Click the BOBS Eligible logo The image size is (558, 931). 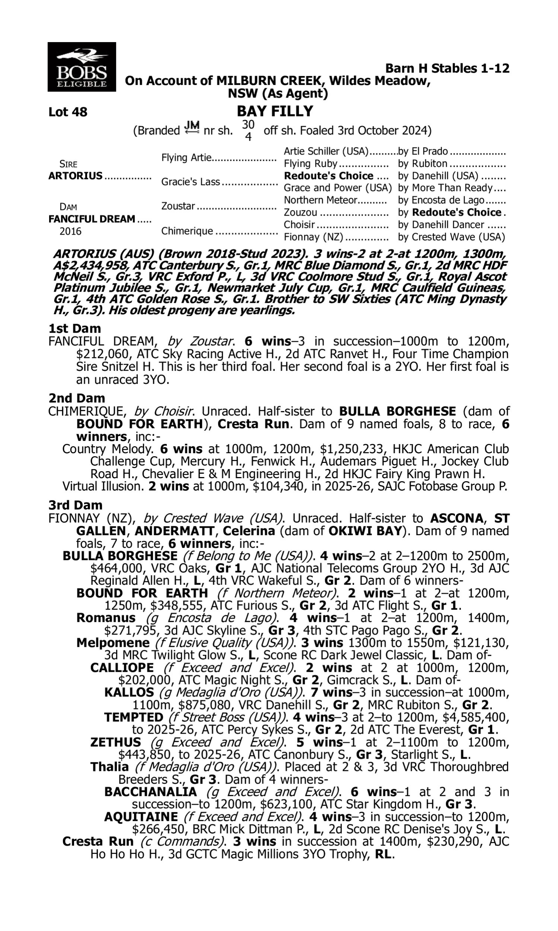click(x=81, y=67)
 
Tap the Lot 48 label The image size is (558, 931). click(x=68, y=112)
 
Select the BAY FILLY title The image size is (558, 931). click(x=275, y=111)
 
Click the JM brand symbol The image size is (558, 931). click(x=192, y=128)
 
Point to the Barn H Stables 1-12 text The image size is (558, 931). click(x=447, y=69)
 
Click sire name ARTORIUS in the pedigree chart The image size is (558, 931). click(x=75, y=176)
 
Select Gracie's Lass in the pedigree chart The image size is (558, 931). click(x=190, y=182)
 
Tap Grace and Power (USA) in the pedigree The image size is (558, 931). click(x=338, y=188)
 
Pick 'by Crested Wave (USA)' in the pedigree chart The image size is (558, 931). click(x=451, y=237)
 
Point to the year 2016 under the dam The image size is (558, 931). click(x=70, y=231)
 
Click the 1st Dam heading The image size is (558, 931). click(x=75, y=328)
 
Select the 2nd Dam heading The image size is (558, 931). click(x=77, y=398)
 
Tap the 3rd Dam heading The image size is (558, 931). click(x=76, y=505)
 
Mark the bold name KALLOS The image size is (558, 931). click(x=129, y=692)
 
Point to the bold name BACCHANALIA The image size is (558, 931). click(x=150, y=792)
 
